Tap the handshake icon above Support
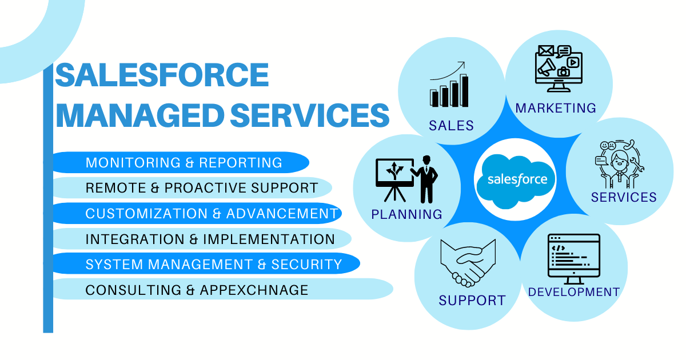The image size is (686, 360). tap(467, 262)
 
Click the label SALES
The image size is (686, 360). tap(452, 125)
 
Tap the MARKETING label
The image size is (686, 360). tap(556, 107)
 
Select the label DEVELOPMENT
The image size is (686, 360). tap(573, 292)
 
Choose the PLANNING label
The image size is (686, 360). tap(407, 214)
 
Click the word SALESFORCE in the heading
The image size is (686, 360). tap(162, 75)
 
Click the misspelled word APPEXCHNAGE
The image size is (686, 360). tap(254, 290)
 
